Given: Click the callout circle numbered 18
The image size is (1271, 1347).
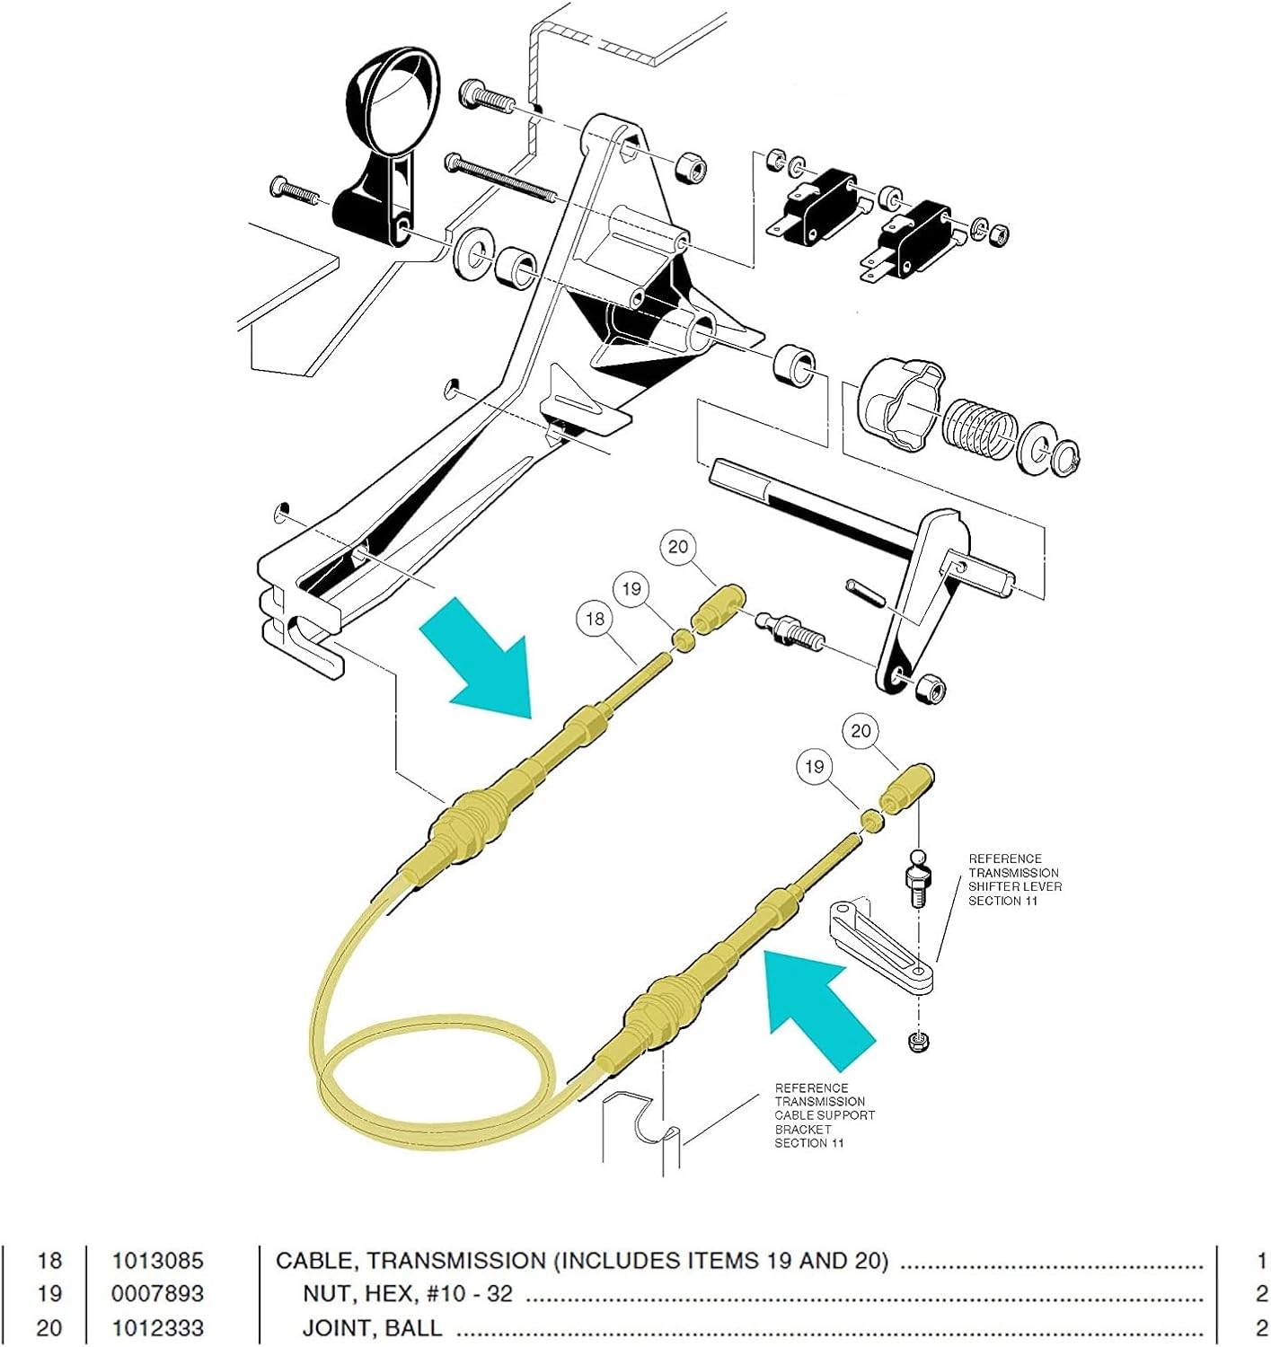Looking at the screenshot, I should point(595,619).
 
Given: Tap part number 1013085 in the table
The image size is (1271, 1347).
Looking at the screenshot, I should point(157,1261).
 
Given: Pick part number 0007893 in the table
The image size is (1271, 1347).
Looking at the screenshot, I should point(157,1294).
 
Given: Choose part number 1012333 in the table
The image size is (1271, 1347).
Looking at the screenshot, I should point(157,1327).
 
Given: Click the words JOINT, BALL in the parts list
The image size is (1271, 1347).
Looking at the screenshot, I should point(372,1327).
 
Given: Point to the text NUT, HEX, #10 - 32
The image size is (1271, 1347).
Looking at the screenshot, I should point(407,1294).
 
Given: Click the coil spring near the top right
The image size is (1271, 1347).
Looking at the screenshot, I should point(977,425).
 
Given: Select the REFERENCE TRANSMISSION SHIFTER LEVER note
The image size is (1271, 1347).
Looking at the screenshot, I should point(1014,880).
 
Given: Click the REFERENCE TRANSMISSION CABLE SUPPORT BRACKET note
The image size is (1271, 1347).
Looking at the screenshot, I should point(824,1115).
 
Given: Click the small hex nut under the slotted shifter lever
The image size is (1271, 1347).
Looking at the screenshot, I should point(918,1043).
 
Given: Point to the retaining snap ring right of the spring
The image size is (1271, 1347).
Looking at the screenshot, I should point(1065,457).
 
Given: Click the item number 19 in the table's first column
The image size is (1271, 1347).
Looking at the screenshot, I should point(49,1294).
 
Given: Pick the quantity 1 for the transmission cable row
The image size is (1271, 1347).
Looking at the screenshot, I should point(1261,1261).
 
